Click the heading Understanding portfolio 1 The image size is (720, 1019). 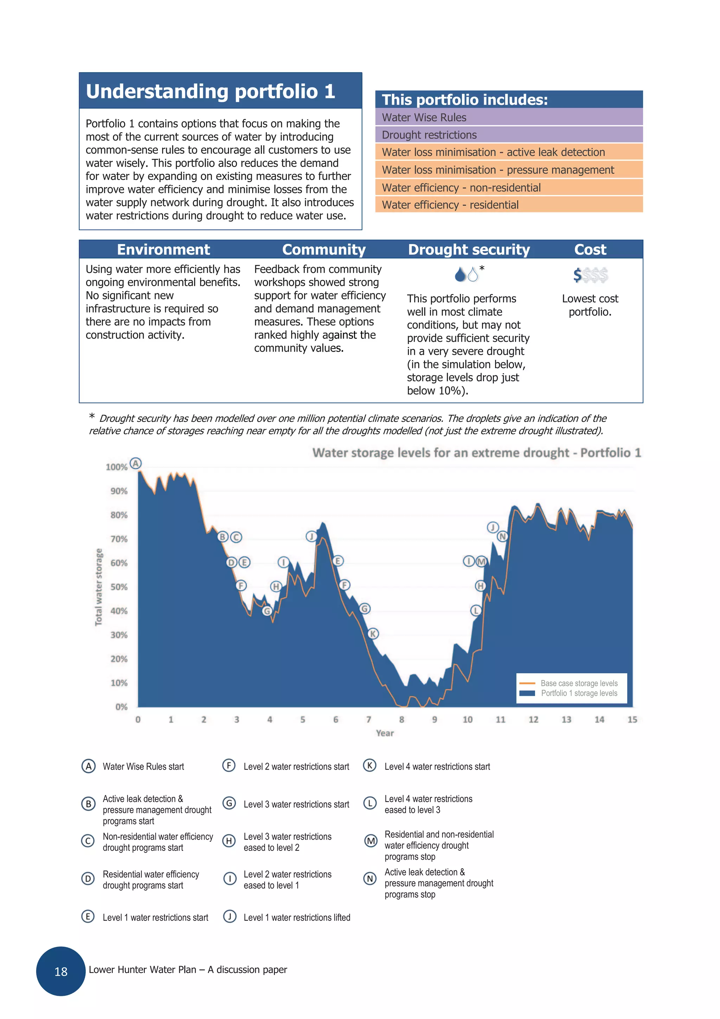coord(210,91)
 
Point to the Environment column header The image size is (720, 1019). coord(163,250)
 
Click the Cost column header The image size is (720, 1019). coord(590,250)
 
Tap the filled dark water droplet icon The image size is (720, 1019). coord(460,275)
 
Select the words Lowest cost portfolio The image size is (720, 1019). coord(590,305)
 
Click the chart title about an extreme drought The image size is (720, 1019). coord(476,453)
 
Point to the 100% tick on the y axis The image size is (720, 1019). coord(117,467)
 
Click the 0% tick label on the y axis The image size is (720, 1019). coord(121,707)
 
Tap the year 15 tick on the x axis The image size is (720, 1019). coord(632,720)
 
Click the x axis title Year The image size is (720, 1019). coord(385,733)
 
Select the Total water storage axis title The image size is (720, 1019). coord(99,587)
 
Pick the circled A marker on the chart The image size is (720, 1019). coord(136,463)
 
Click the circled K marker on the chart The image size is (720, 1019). coord(373,634)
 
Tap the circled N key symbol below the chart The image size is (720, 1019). coord(369,878)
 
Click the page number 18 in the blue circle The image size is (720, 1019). coord(61,972)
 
